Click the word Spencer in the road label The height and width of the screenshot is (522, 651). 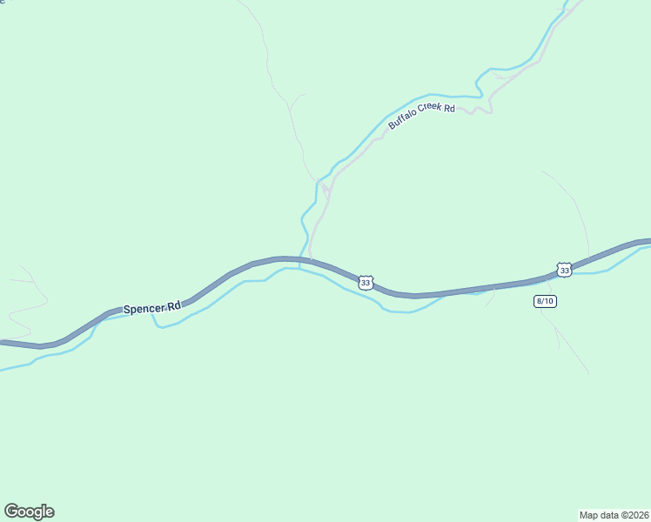(144, 309)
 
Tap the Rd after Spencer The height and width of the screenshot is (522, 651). (174, 305)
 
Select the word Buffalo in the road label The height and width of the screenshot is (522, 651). (402, 122)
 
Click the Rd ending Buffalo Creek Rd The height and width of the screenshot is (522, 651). (450, 108)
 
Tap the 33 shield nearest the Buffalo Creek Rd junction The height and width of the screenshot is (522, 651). (366, 283)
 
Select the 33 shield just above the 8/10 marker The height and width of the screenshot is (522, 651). (564, 271)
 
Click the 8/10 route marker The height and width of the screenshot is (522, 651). (545, 301)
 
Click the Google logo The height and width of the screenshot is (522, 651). (29, 512)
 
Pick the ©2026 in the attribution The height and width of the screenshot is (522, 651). (635, 514)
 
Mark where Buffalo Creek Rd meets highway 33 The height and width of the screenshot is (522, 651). (311, 259)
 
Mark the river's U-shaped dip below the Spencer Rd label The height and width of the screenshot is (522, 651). (160, 325)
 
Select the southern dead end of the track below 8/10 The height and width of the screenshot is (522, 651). (587, 374)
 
